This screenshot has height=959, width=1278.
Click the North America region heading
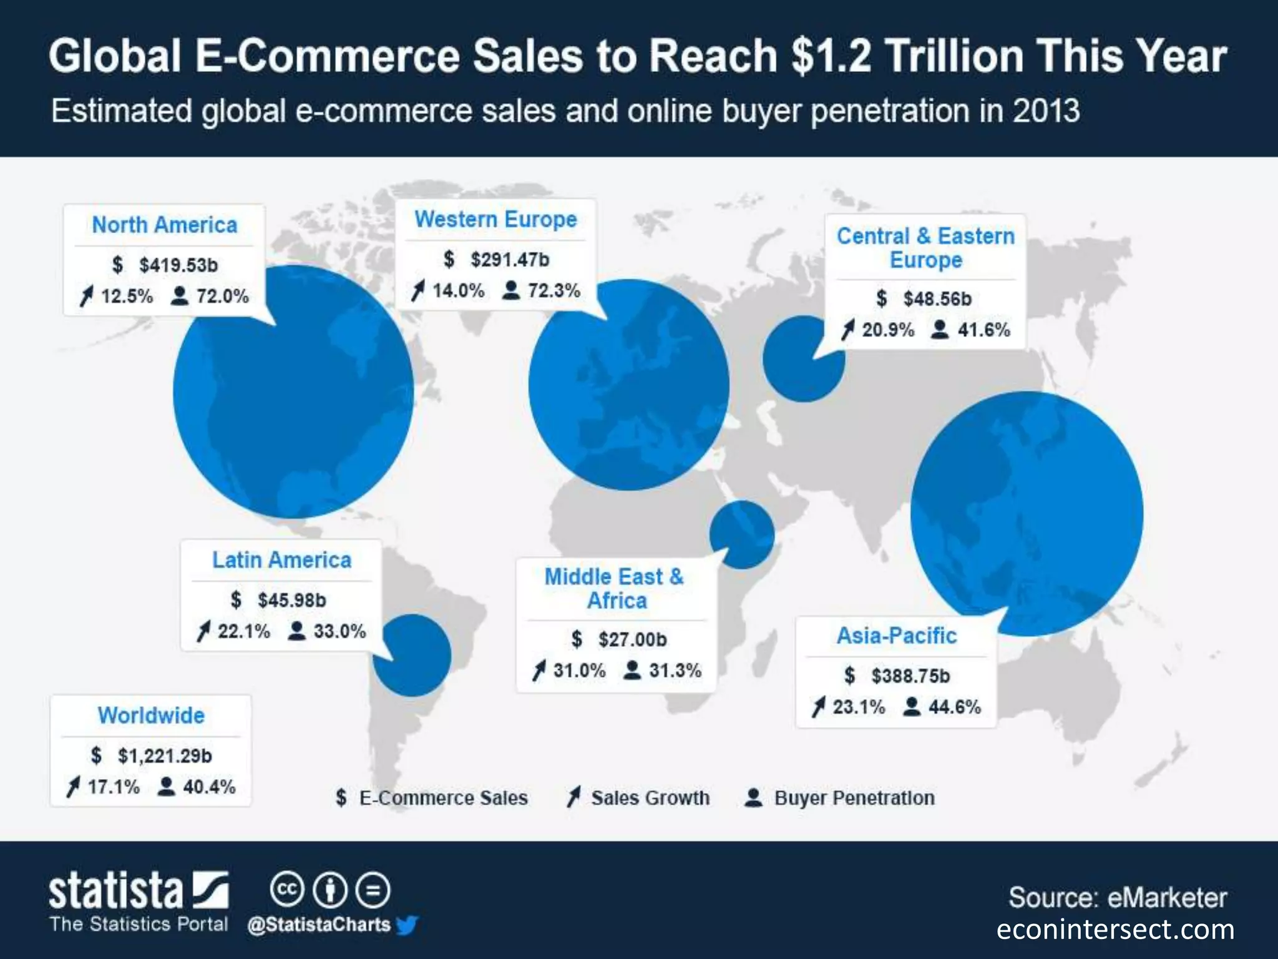tap(164, 225)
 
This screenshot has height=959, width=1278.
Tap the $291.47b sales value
tap(509, 259)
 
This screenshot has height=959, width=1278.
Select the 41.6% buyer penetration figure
tap(983, 330)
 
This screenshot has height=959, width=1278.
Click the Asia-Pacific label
tap(896, 636)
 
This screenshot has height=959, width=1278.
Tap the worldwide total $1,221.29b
tap(164, 756)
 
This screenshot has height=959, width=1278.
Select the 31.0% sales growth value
tap(579, 671)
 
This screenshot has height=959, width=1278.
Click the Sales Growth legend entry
tap(649, 798)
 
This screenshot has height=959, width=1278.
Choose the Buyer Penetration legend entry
tap(854, 798)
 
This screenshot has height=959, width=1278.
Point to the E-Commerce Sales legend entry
tap(442, 798)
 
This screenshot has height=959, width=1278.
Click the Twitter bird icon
tap(407, 925)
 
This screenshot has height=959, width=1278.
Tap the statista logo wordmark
tap(116, 891)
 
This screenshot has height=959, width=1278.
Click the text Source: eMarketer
tap(1117, 898)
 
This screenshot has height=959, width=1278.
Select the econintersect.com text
tap(1115, 930)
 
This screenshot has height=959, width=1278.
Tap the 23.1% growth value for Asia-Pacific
tap(858, 707)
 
